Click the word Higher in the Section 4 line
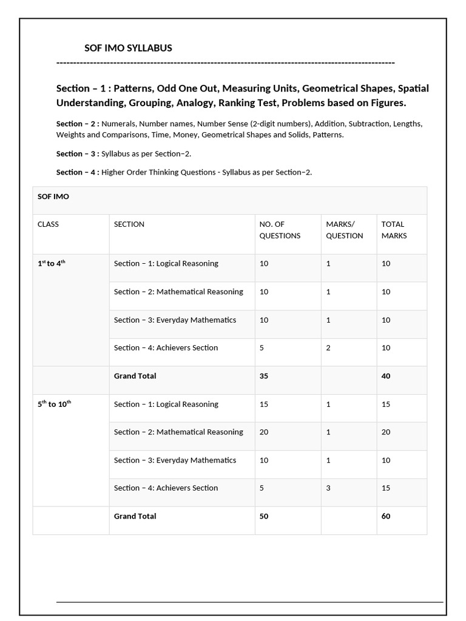click(x=115, y=172)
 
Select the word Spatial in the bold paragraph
click(x=413, y=88)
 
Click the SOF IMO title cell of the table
click(x=53, y=197)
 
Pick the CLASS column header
click(x=48, y=224)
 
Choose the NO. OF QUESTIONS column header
click(x=280, y=230)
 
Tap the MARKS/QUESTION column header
click(x=345, y=230)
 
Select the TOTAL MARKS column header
click(x=394, y=230)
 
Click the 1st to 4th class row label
click(x=51, y=263)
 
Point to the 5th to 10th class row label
click(x=54, y=404)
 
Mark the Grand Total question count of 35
click(x=264, y=376)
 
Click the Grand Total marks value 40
click(x=386, y=376)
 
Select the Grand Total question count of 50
click(x=264, y=516)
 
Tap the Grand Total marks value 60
click(x=386, y=516)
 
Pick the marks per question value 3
click(x=328, y=488)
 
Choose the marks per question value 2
click(x=328, y=348)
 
